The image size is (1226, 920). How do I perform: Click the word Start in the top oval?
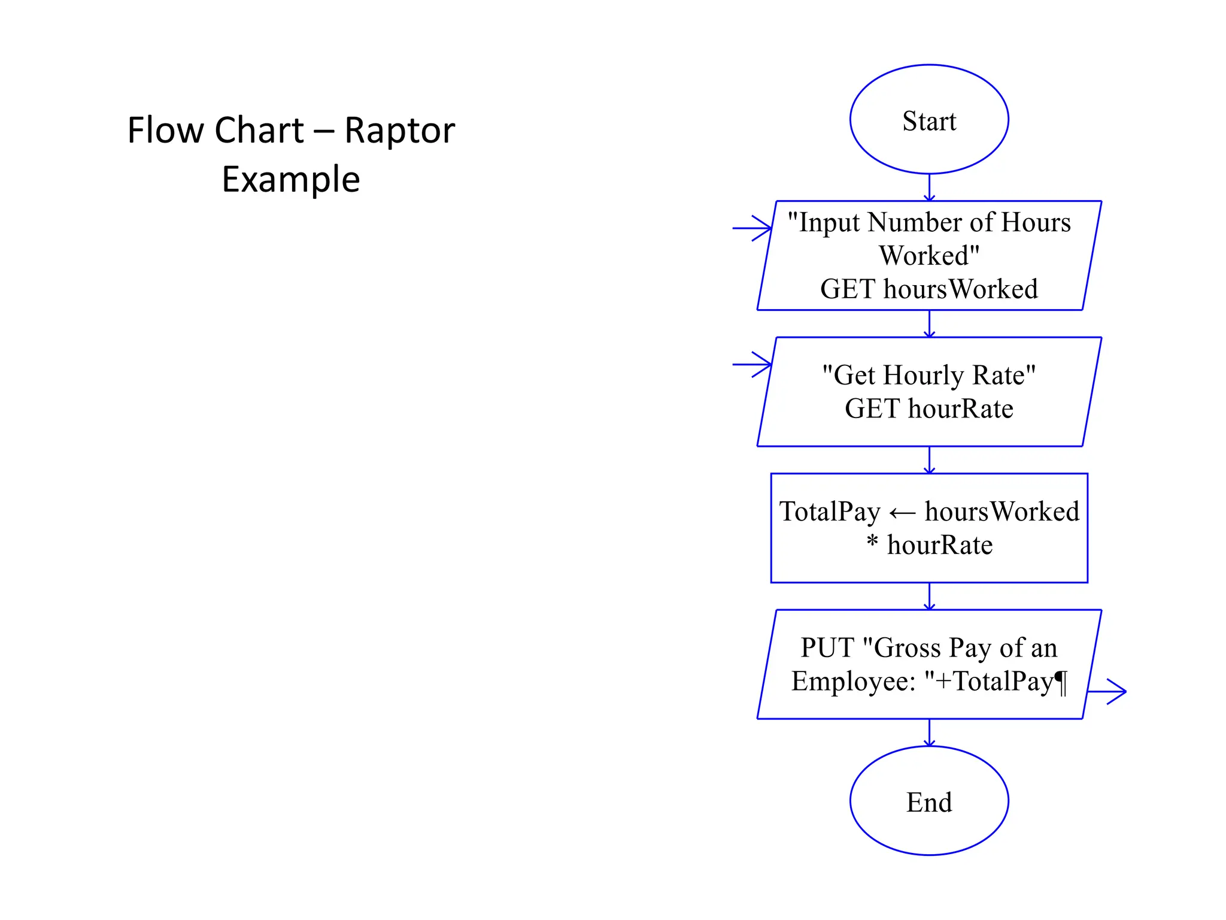(x=928, y=121)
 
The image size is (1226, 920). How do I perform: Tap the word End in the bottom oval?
(x=928, y=802)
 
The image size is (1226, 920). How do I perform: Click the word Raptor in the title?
(x=399, y=130)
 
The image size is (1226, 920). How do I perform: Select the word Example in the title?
(x=291, y=179)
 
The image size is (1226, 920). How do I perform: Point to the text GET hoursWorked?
(x=928, y=289)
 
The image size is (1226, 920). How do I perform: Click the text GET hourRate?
(x=928, y=408)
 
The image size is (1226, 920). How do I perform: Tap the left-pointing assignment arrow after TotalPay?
(x=902, y=513)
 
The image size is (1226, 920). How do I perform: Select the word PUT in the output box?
(x=827, y=647)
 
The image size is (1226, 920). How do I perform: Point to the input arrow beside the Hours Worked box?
(x=752, y=228)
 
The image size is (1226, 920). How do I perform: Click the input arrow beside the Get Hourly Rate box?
(x=752, y=364)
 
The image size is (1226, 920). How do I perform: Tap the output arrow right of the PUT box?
(x=1107, y=691)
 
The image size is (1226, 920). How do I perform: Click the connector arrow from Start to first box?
(x=929, y=188)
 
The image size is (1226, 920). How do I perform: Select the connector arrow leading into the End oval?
(x=929, y=733)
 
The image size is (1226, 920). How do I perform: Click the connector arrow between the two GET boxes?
(x=929, y=324)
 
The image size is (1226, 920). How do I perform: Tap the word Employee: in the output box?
(x=854, y=682)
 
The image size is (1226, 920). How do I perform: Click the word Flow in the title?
(x=157, y=130)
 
